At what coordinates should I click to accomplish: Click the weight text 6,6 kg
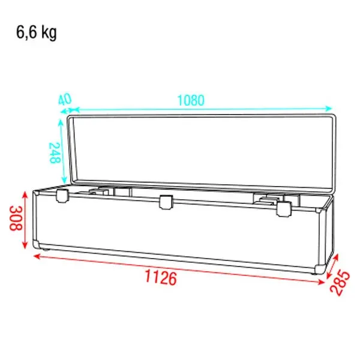(37, 33)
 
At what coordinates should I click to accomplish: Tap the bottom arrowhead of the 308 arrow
(25, 246)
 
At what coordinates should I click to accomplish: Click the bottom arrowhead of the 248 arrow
(62, 182)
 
